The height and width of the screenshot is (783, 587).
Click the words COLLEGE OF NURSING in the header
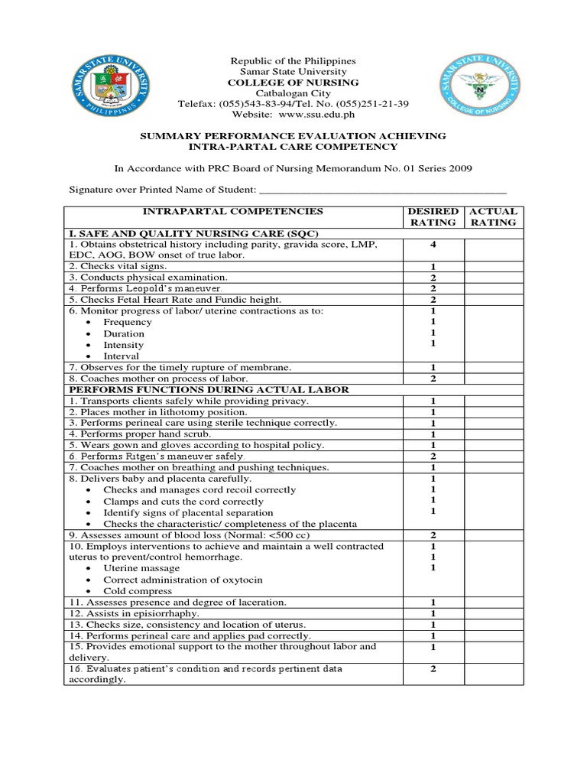[x=293, y=83]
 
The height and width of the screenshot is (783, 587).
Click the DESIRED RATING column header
[x=433, y=216]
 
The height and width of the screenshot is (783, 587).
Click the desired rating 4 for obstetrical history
[x=433, y=245]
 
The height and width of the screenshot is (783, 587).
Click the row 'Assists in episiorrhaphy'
[x=135, y=613]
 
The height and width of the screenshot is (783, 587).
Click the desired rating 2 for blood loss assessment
[x=433, y=535]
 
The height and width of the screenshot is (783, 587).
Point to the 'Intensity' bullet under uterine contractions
[x=123, y=345]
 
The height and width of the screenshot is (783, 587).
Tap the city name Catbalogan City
[x=293, y=93]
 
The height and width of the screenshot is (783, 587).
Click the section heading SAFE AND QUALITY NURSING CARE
[x=193, y=232]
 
